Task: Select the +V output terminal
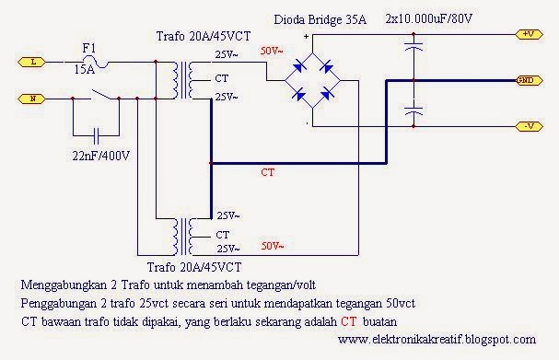[529, 34]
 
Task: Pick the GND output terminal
[528, 80]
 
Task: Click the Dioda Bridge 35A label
[323, 18]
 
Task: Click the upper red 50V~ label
[273, 49]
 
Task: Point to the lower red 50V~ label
[273, 247]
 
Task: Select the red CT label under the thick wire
[268, 170]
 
